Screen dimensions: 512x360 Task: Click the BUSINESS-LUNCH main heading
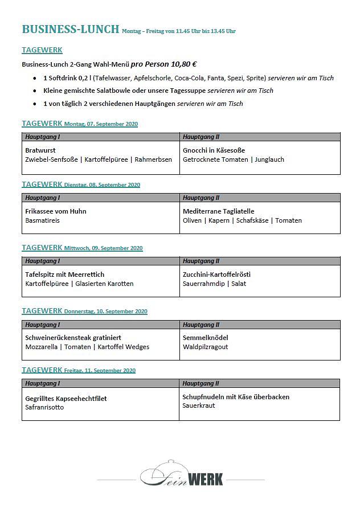(x=71, y=30)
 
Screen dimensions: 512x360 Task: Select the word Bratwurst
(x=40, y=150)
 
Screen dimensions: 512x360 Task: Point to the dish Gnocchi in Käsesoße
(x=214, y=150)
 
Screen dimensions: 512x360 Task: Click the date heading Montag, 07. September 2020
(x=101, y=124)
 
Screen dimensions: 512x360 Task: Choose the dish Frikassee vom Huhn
(x=56, y=211)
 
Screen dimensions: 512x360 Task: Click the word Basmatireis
(x=42, y=220)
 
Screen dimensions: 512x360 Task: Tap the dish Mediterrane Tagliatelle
(x=219, y=211)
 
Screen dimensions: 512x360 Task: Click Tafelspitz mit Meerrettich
(x=65, y=275)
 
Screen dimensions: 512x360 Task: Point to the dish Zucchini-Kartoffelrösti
(x=216, y=275)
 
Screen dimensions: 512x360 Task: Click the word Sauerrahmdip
(x=203, y=284)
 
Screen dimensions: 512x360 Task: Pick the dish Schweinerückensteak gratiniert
(x=73, y=338)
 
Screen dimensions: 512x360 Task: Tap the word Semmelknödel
(x=206, y=338)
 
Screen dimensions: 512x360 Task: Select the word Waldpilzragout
(x=206, y=347)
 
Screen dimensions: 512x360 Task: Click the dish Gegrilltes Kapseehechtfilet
(x=66, y=399)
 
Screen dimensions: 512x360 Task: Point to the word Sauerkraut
(x=199, y=406)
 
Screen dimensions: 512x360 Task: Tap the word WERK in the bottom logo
(x=205, y=479)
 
